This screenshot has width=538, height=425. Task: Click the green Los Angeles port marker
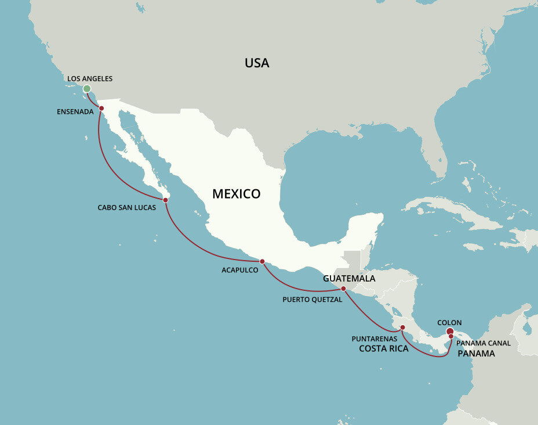(x=87, y=89)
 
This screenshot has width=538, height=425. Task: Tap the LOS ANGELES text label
(x=90, y=78)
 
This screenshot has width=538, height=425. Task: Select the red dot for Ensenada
(x=101, y=107)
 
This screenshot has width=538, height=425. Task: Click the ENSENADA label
(x=75, y=111)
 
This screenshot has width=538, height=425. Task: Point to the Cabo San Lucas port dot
(x=166, y=200)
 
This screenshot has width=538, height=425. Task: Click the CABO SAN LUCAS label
(x=126, y=207)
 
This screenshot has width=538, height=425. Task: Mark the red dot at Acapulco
(x=262, y=261)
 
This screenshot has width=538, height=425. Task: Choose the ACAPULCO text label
(x=240, y=270)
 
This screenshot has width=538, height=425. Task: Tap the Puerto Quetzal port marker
(x=343, y=289)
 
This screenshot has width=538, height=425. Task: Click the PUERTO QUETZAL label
(x=312, y=300)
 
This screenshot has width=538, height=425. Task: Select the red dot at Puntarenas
(x=403, y=327)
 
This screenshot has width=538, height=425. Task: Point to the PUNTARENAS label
(x=375, y=338)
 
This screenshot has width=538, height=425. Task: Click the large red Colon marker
(x=450, y=332)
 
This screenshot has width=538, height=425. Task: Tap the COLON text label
(x=450, y=322)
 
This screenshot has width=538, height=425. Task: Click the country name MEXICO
(x=237, y=194)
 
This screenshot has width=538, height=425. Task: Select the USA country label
(x=257, y=63)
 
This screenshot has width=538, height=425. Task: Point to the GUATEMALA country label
(x=349, y=279)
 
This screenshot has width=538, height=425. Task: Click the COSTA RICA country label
(x=384, y=349)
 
